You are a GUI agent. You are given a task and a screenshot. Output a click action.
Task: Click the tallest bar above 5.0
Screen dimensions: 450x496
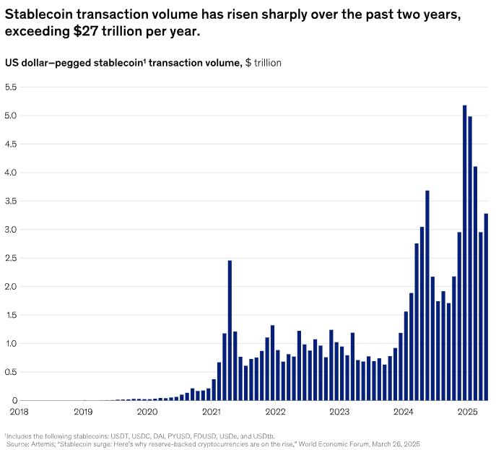[x=464, y=253]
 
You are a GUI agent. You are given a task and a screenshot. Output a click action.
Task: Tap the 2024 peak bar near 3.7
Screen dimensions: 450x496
[x=427, y=295]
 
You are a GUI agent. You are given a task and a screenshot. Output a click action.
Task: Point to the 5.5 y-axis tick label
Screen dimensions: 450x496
[x=12, y=87]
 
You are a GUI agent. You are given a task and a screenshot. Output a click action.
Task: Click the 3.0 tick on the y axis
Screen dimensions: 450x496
[x=12, y=230]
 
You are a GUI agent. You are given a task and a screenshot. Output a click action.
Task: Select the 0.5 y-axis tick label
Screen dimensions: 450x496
[x=12, y=372]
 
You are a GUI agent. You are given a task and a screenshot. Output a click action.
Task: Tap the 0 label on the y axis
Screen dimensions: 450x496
[x=14, y=401]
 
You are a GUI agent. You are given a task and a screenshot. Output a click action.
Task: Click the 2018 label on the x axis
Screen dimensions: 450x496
[x=19, y=412]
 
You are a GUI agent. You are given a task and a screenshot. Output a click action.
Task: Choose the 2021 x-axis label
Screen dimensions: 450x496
[x=212, y=412]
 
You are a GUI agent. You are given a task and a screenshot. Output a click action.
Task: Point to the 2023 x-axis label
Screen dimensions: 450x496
[x=339, y=412]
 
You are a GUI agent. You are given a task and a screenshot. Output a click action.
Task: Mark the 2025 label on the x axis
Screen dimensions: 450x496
[x=468, y=412]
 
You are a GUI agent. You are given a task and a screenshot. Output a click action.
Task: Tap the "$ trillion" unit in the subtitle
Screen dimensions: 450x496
[x=264, y=63]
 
